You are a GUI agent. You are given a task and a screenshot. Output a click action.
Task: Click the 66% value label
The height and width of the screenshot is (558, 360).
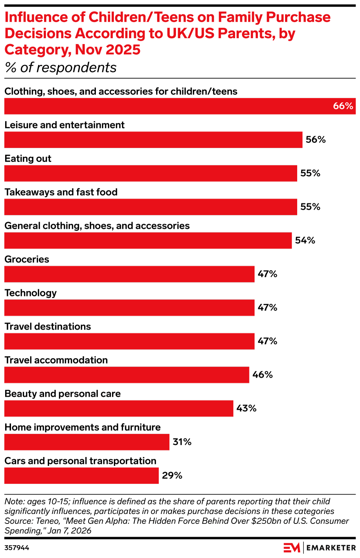(343, 106)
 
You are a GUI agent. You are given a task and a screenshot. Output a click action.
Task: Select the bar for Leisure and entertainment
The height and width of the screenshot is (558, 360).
(153, 140)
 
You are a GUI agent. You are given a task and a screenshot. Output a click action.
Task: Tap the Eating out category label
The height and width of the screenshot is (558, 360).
(28, 159)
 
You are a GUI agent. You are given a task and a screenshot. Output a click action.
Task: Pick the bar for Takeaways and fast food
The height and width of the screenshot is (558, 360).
(151, 207)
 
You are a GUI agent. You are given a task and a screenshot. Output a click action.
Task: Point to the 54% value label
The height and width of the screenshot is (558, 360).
(305, 241)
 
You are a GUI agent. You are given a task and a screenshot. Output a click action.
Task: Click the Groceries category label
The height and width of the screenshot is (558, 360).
(27, 259)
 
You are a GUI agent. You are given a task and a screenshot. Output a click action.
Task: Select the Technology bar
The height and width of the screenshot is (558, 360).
(129, 308)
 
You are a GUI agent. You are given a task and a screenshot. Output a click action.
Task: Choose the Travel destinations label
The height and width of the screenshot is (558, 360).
(48, 327)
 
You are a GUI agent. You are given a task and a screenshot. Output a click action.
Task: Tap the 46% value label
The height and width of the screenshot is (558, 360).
(262, 375)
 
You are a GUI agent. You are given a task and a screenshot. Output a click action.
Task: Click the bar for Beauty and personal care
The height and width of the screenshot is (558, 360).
(119, 408)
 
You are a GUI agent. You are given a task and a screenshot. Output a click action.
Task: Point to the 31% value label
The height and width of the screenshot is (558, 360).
(182, 442)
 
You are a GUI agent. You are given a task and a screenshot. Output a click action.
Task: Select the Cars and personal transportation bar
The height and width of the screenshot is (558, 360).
(82, 476)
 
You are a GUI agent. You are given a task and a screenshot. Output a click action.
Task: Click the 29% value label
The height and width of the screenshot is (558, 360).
(172, 476)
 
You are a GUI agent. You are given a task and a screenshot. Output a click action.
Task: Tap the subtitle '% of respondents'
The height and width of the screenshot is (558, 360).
(61, 68)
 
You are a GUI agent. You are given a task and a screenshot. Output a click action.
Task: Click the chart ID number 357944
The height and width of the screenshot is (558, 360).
(17, 548)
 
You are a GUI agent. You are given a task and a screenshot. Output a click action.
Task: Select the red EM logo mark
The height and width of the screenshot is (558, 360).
(292, 548)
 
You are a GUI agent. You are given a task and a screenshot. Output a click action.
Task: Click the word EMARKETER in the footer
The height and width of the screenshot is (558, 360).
(331, 548)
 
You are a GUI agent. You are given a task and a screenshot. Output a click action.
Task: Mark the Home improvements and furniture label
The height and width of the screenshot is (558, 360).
(83, 427)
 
